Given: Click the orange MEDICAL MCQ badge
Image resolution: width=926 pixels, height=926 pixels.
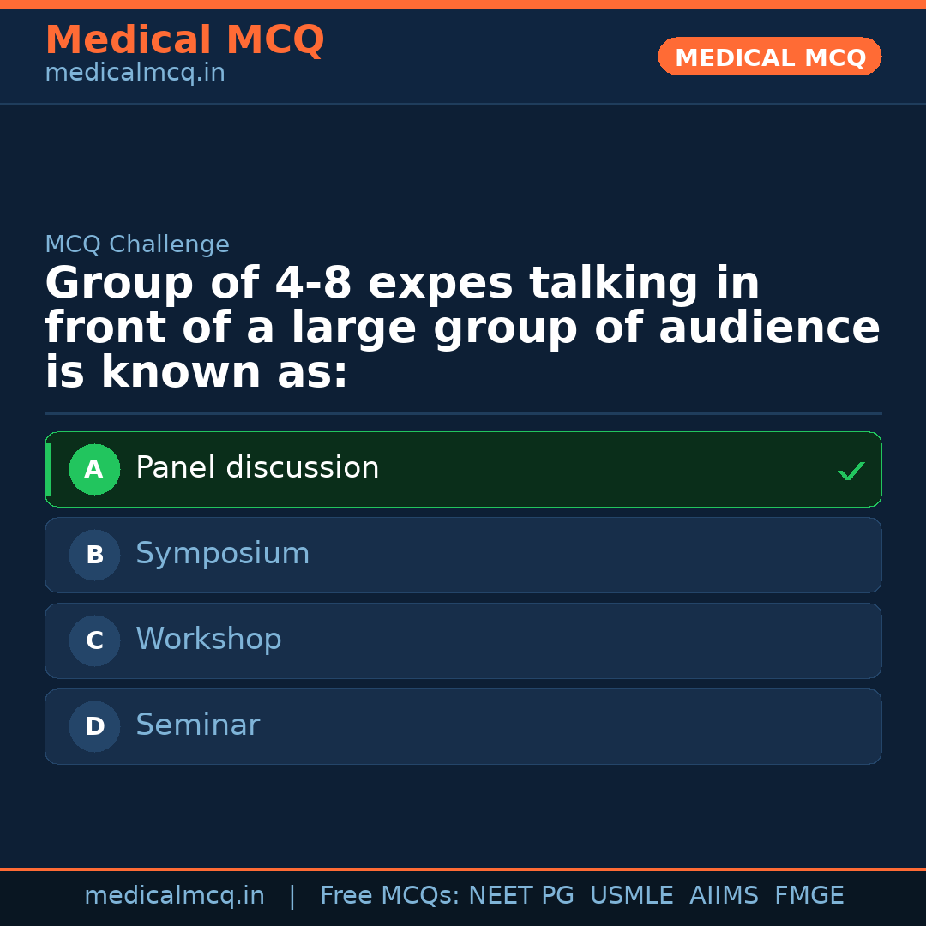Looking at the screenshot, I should tap(769, 57).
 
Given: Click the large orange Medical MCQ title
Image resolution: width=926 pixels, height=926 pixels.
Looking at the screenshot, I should tap(184, 40).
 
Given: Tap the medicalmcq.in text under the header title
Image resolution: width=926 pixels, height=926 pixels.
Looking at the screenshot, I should tap(135, 74).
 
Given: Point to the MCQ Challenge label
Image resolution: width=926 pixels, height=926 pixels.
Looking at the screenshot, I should tap(137, 244).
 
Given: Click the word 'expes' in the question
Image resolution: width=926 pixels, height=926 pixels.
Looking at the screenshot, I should tap(440, 285).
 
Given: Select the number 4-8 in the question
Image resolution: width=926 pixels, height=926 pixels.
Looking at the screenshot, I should tap(313, 285).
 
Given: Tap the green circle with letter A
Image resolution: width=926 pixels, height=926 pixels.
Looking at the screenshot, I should tap(94, 469).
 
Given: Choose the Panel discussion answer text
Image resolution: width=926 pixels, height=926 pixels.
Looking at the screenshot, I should tap(257, 468).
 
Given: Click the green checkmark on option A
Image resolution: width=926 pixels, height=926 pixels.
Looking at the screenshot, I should tap(851, 471).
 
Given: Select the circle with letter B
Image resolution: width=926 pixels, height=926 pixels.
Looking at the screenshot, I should tap(94, 555).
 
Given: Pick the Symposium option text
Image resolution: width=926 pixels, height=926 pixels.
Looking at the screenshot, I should tap(223, 554).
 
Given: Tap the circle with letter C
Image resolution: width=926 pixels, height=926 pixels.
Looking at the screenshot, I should tap(94, 640).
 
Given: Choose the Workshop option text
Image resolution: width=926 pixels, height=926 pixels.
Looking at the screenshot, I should tap(208, 640).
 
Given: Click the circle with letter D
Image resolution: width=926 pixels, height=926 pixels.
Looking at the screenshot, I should tap(94, 726).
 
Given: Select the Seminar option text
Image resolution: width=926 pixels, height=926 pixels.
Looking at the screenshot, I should tap(197, 725).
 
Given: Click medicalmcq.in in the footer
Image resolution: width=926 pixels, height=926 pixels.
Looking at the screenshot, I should tap(174, 896).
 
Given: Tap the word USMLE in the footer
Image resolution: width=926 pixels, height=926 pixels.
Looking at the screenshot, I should tap(631, 896).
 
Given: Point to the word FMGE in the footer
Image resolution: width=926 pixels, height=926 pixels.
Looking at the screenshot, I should tap(809, 896).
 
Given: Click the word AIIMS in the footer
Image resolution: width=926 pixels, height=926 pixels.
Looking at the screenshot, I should tap(724, 896).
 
